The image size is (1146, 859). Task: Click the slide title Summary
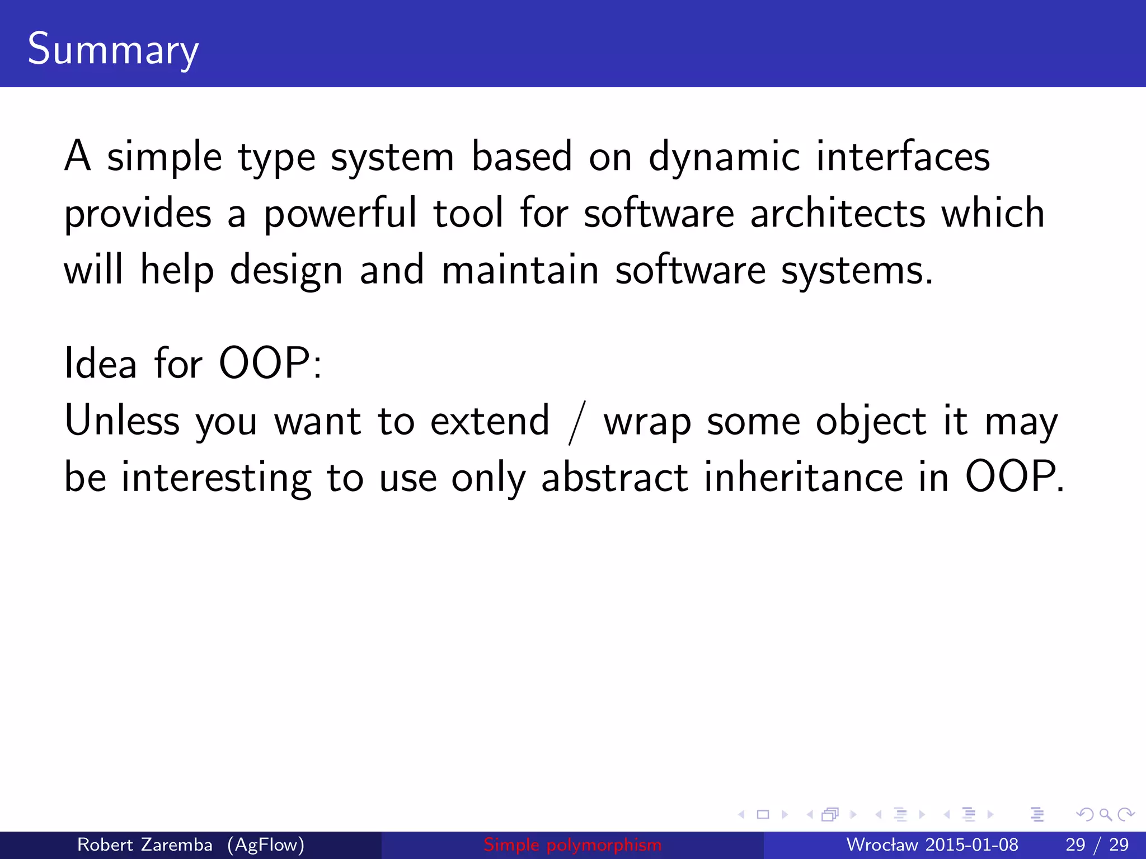click(112, 49)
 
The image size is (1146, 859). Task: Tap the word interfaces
click(903, 157)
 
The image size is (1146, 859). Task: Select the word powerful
click(340, 214)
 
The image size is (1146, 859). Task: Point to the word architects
click(838, 214)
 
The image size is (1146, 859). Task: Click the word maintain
click(520, 271)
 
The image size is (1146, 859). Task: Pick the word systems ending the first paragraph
click(856, 271)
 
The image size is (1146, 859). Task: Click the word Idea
click(101, 364)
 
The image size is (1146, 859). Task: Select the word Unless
click(121, 421)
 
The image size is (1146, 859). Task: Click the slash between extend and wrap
click(577, 422)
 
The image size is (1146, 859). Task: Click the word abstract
click(614, 478)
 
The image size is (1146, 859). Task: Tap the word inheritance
click(804, 478)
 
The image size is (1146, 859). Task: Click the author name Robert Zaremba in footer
click(144, 844)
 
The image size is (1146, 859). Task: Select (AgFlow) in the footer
click(266, 844)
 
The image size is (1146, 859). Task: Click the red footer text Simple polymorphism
click(572, 844)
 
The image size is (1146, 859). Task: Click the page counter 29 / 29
click(1097, 844)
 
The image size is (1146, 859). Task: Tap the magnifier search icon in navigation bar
click(1105, 815)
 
